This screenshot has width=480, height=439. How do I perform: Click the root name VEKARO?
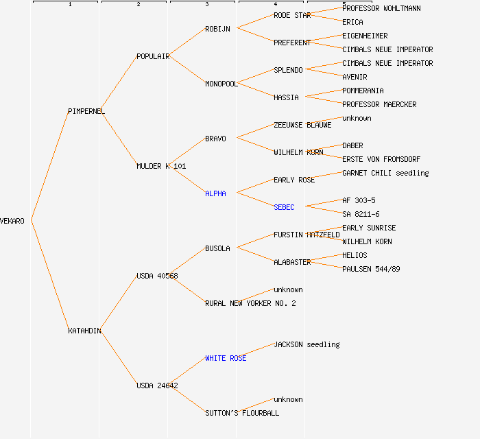(12, 221)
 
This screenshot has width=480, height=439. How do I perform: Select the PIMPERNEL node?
(86, 111)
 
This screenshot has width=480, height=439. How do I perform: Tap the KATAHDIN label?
(85, 331)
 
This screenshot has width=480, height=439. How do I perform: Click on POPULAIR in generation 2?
(153, 56)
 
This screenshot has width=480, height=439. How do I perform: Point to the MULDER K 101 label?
(161, 166)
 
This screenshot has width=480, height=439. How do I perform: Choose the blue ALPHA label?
(215, 193)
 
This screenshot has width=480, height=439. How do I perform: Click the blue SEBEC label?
(284, 207)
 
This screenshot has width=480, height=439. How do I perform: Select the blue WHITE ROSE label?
(226, 358)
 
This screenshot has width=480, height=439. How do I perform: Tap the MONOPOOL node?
(221, 84)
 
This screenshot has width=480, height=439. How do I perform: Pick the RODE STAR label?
(292, 15)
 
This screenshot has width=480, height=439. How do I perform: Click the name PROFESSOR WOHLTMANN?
(381, 8)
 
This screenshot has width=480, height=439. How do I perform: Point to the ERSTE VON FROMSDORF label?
(381, 159)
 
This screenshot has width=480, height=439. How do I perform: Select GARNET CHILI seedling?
(385, 173)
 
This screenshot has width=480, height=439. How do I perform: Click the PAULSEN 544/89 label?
(371, 269)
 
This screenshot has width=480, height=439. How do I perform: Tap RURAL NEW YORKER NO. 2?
(250, 303)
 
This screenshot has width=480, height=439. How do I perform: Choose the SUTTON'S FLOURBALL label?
(242, 413)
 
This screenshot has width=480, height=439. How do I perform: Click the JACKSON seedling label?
(307, 344)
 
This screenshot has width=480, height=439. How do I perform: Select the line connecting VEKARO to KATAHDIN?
(49, 276)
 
